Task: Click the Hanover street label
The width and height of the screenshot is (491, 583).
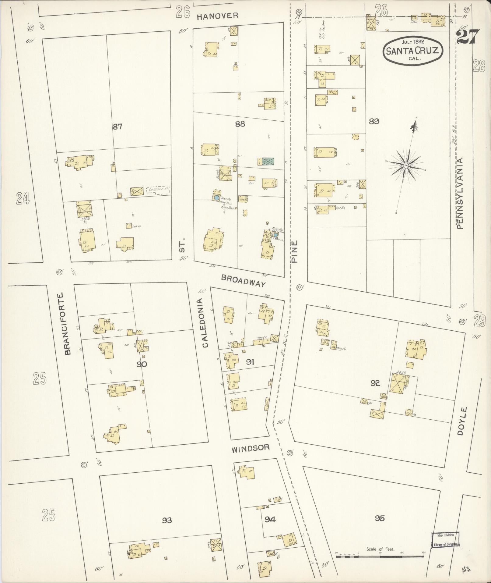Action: point(217,16)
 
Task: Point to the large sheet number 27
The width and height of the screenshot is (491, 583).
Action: point(468,37)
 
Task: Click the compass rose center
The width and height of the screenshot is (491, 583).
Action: point(406,165)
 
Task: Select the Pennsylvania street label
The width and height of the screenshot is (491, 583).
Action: point(459,193)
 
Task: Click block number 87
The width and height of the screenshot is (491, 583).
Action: point(117,126)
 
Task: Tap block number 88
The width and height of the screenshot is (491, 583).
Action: point(240,124)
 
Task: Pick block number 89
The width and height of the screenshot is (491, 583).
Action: point(374,121)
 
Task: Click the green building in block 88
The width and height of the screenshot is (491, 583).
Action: point(268,161)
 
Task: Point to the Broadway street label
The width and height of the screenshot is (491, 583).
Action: point(243,281)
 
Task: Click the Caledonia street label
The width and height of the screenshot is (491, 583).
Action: point(205,323)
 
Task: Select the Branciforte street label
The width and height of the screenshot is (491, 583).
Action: point(67,324)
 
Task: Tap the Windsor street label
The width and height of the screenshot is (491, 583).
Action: point(250,448)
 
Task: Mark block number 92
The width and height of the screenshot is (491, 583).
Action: point(375,383)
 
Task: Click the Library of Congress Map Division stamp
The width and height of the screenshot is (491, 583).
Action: point(445,540)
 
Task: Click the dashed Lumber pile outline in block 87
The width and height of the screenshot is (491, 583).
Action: point(158,190)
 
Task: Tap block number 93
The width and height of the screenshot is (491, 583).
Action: point(167,520)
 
